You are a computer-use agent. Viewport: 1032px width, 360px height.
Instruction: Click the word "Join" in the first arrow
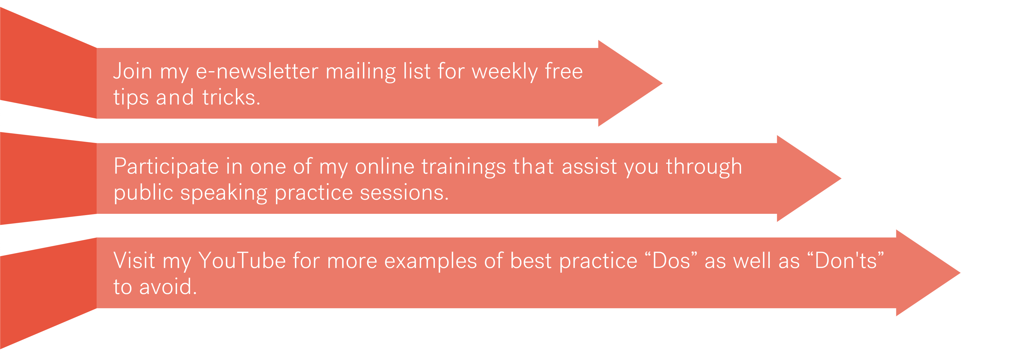[x=132, y=71]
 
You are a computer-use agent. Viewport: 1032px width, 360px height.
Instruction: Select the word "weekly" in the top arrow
[x=505, y=72]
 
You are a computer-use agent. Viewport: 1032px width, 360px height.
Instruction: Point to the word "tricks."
[x=231, y=97]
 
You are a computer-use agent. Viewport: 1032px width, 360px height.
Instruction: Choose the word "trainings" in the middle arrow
[x=463, y=167]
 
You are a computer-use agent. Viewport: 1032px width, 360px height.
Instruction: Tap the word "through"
[x=704, y=167]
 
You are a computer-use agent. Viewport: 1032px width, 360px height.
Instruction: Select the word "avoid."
[x=168, y=287]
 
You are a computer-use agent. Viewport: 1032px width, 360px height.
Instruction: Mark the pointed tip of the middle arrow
[x=841, y=178]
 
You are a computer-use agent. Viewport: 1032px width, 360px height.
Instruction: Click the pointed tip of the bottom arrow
[x=960, y=273]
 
